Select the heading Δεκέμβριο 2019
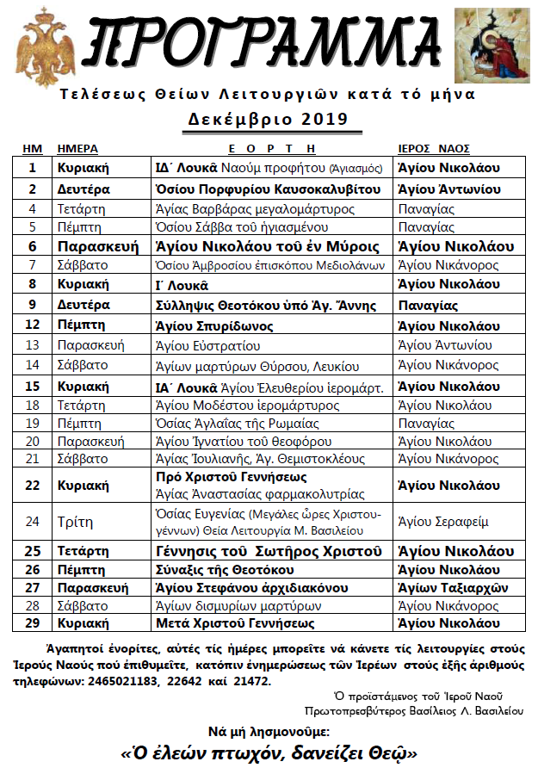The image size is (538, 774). (268, 118)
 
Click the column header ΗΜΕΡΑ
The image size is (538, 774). (77, 148)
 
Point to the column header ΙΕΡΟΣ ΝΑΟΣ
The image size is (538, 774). (439, 148)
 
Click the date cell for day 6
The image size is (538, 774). (33, 246)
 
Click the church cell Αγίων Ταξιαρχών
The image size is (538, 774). (448, 587)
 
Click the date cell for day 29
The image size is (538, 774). (33, 623)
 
